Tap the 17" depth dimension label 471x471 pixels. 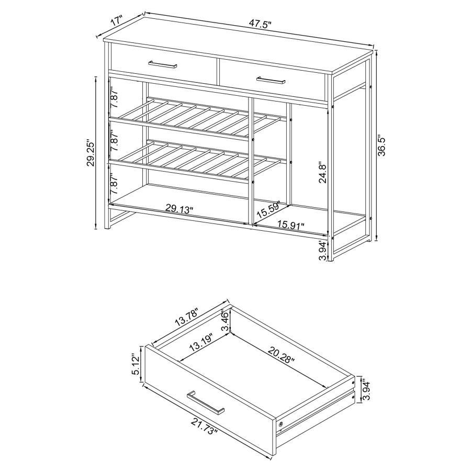116,21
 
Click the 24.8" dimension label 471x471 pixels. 322,171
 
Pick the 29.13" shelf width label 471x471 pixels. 180,208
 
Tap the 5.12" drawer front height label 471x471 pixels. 137,364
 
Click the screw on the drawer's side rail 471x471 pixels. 282,423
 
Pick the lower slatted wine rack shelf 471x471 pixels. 199,160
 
